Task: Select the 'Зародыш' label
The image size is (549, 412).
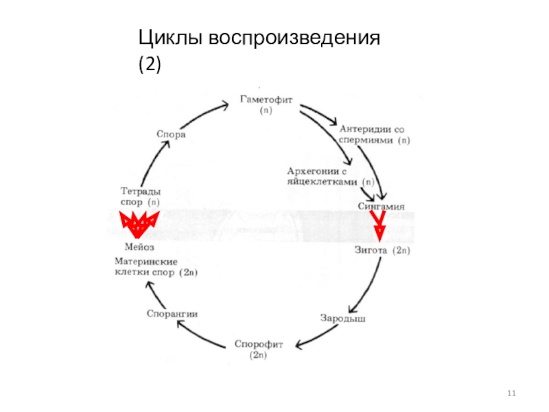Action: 342,318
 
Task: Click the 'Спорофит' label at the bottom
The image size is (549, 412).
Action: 258,343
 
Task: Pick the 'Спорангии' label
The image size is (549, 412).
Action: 172,314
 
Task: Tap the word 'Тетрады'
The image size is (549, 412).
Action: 140,192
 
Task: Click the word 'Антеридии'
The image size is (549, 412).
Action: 363,128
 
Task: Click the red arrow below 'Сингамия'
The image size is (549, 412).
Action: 377,226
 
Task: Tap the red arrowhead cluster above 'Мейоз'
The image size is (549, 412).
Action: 139,224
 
